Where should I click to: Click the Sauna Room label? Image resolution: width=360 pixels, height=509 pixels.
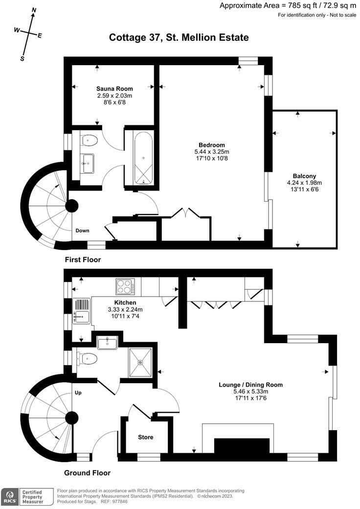114,89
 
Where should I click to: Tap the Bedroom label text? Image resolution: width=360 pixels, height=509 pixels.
212,145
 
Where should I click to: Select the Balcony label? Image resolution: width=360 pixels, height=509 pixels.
304,176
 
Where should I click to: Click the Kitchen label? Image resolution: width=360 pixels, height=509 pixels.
125,302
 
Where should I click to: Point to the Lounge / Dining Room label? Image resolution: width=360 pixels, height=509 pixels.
251,385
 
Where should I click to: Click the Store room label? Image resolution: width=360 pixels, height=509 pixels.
146,437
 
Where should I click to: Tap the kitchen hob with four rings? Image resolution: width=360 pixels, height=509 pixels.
125,287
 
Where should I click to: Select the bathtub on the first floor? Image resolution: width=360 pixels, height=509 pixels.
143,157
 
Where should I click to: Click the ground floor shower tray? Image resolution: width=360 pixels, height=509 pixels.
140,362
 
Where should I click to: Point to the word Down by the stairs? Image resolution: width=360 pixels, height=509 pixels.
82,231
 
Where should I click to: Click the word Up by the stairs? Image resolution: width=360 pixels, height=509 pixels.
78,393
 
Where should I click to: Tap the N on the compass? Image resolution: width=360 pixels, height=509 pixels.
33,10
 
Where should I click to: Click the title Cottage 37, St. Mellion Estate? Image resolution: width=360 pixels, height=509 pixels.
179,37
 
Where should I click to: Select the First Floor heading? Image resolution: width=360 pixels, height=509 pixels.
83,260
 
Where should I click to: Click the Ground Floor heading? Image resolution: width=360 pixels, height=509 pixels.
87,473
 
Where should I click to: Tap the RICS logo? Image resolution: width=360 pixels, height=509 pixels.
10,497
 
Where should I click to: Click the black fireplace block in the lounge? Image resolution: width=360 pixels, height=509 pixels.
242,446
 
